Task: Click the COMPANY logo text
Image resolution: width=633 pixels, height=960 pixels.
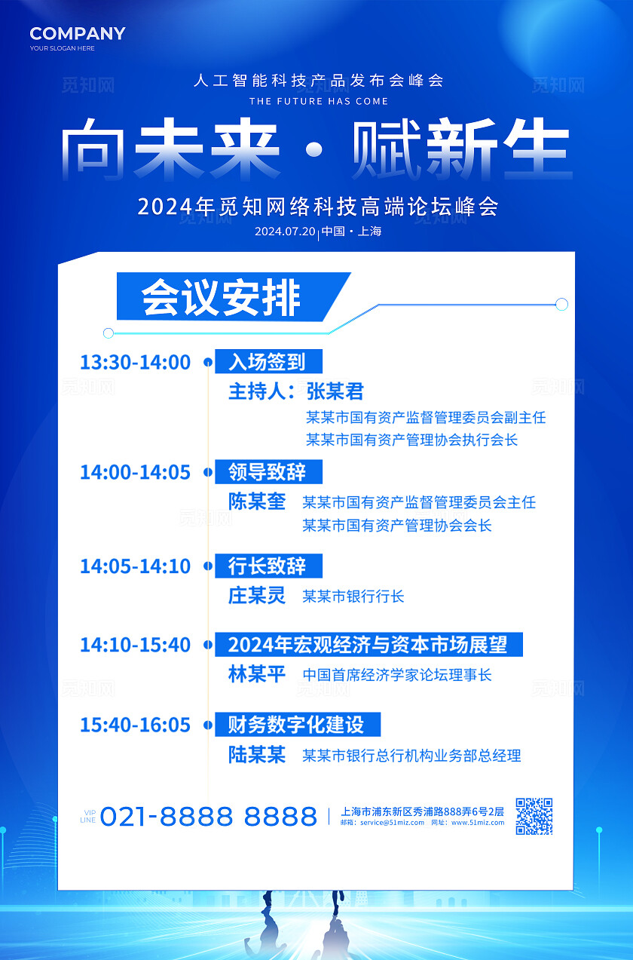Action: click(78, 33)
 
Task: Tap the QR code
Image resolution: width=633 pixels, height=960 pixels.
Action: click(534, 816)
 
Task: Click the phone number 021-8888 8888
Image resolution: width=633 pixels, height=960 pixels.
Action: click(209, 816)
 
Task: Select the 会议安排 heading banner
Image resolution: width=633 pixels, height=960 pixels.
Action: click(222, 297)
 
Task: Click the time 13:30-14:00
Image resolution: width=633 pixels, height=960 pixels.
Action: click(136, 362)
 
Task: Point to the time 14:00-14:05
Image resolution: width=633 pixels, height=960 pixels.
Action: click(136, 472)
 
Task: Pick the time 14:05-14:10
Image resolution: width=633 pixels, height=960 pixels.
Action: click(136, 566)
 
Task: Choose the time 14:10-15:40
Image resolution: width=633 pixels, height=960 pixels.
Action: click(136, 645)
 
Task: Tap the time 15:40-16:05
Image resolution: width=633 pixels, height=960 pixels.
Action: click(136, 725)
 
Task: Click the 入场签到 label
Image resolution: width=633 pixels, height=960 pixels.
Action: click(268, 362)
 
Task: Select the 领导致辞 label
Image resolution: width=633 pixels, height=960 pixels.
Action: click(268, 472)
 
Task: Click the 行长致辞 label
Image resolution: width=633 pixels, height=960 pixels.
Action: click(268, 566)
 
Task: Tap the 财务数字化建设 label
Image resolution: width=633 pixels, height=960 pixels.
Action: click(297, 725)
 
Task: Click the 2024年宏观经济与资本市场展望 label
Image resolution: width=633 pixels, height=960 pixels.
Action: click(368, 645)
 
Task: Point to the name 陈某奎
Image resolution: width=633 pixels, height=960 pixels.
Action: click(257, 501)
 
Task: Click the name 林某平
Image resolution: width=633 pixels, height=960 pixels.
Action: click(257, 674)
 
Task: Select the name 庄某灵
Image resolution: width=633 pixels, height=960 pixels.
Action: click(257, 596)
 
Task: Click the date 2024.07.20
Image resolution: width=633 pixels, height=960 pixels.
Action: click(284, 232)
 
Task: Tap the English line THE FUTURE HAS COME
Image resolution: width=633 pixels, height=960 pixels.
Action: click(319, 101)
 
